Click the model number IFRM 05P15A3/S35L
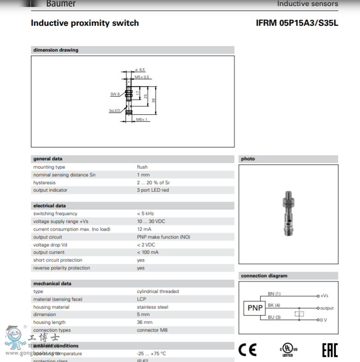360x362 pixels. click(x=297, y=23)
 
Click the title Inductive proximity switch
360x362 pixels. click(x=85, y=23)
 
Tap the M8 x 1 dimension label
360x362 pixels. click(x=142, y=119)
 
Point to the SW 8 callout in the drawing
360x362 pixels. click(x=115, y=94)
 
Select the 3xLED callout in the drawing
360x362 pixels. click(x=114, y=111)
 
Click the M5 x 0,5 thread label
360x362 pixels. click(x=142, y=77)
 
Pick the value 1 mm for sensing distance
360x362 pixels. click(x=143, y=175)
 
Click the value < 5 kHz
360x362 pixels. click(x=145, y=214)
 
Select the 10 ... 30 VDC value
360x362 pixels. click(x=151, y=222)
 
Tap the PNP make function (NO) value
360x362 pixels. click(x=163, y=237)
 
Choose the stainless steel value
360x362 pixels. click(x=153, y=307)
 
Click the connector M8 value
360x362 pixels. click(x=153, y=330)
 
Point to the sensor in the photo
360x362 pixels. click(x=288, y=215)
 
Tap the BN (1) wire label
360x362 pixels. click(x=274, y=294)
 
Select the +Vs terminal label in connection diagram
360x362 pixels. click(x=325, y=296)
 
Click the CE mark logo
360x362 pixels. click(x=247, y=350)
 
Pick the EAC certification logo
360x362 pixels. click(x=330, y=350)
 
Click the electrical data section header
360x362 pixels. click(x=49, y=206)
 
